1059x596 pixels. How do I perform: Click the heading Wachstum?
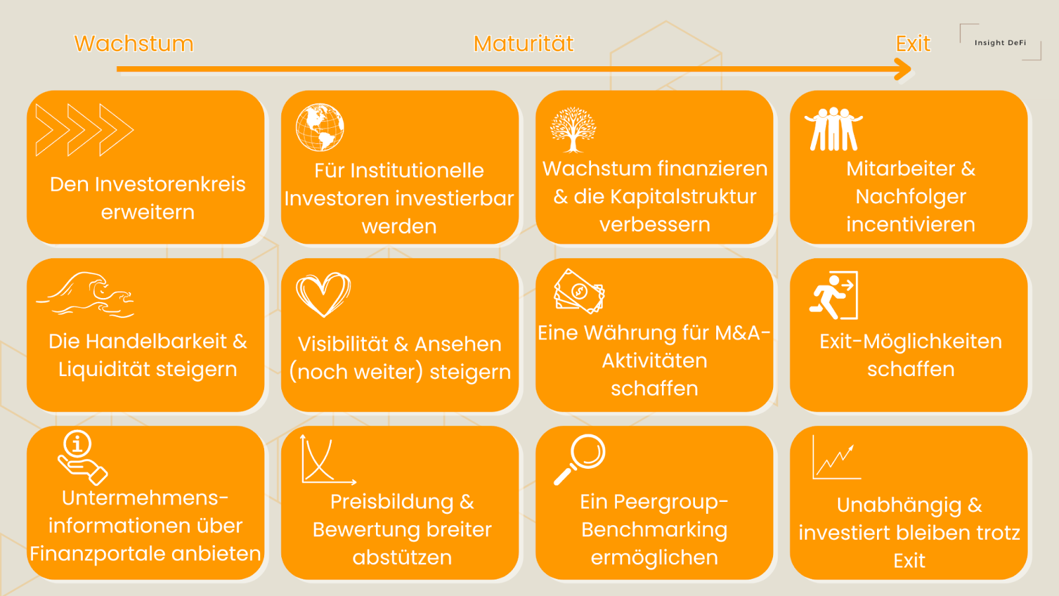coord(134,44)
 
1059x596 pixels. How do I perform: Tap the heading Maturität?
coord(523,44)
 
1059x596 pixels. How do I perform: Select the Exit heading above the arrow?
coord(913,44)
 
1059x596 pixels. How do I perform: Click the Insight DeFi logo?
coord(1000,42)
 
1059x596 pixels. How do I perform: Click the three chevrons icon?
coord(84,130)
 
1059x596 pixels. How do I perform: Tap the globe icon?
coord(320,127)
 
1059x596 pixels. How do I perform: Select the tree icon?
coord(573,130)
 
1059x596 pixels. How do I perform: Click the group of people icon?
coord(833,129)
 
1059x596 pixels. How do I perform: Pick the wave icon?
coord(86,294)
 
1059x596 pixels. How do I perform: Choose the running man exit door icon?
coord(834,295)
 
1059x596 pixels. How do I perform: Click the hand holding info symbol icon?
coord(81,458)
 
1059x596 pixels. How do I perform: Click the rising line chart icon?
coord(836,458)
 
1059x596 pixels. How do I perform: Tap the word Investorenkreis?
coord(170,184)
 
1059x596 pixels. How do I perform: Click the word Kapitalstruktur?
coord(683,197)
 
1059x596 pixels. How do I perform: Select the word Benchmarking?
coord(654,530)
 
